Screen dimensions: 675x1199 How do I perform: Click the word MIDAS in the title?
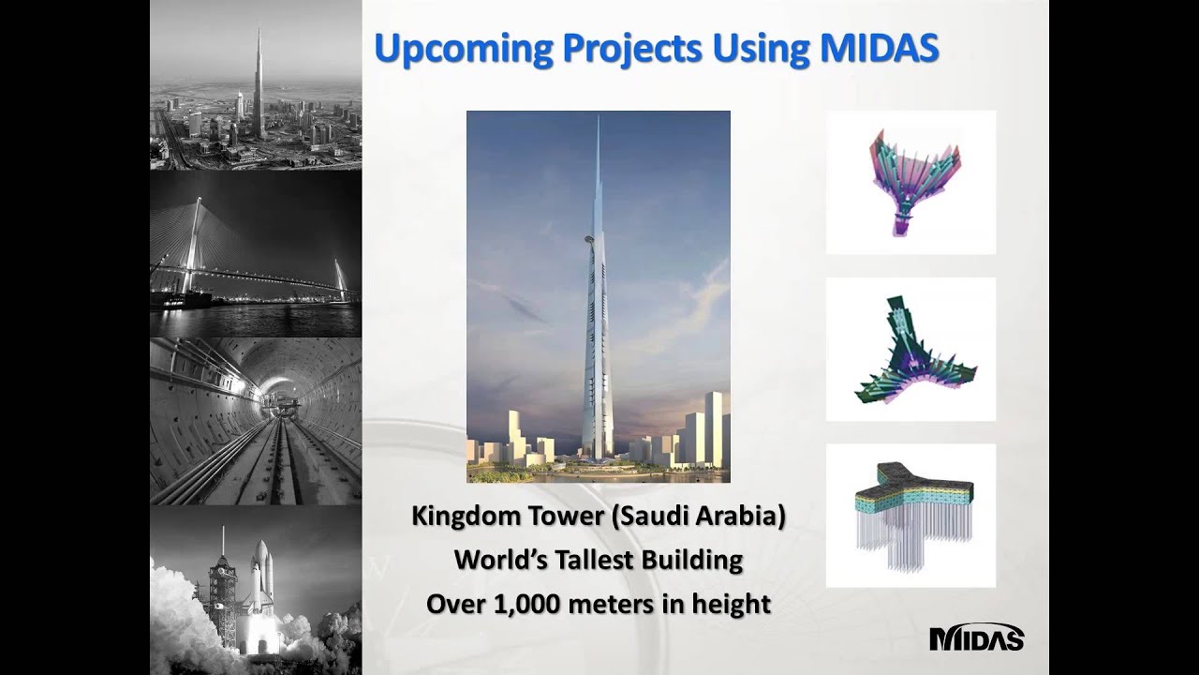[x=880, y=49]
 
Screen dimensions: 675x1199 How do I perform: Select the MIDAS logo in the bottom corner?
[x=976, y=637]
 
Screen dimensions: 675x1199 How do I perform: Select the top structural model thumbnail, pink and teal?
[x=910, y=182]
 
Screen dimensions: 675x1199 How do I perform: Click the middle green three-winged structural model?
[x=910, y=350]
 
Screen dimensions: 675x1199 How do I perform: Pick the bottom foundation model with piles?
[x=910, y=516]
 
